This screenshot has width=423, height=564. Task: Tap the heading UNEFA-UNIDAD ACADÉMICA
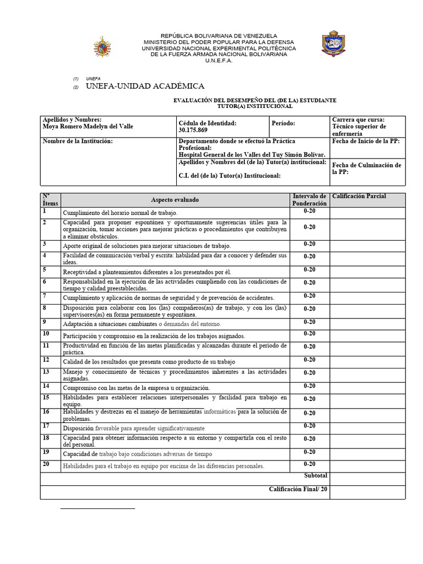(x=145, y=86)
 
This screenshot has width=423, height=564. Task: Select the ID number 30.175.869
(x=193, y=130)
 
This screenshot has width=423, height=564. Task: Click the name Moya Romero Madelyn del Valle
(x=88, y=126)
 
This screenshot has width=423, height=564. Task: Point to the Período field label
(x=284, y=123)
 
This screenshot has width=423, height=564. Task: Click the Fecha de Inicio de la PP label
(x=366, y=141)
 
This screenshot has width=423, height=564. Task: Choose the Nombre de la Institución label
(x=78, y=141)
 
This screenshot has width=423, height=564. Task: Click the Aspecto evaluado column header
(x=175, y=200)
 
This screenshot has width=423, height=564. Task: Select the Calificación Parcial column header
(x=358, y=196)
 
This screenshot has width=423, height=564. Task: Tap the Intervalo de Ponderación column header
(x=310, y=199)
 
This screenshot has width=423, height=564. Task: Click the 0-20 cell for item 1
(x=310, y=211)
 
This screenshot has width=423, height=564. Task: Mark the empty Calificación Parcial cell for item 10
(x=367, y=334)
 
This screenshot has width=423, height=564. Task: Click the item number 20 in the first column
(x=46, y=464)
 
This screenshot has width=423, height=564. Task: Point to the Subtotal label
(x=316, y=475)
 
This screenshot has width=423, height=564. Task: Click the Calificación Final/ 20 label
(x=298, y=489)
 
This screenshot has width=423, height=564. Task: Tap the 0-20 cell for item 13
(x=310, y=373)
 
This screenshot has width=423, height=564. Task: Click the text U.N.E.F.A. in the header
(x=219, y=61)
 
